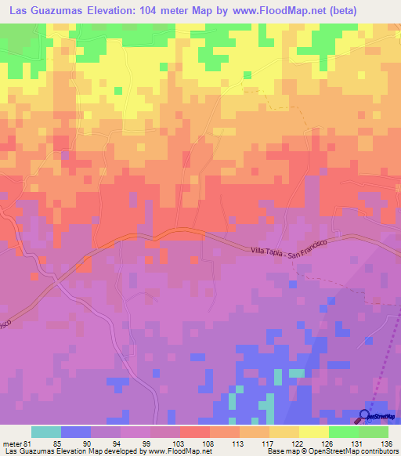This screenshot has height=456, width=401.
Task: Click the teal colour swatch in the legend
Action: coord(45,431)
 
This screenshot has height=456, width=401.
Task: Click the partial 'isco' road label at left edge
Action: coord(4,323)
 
